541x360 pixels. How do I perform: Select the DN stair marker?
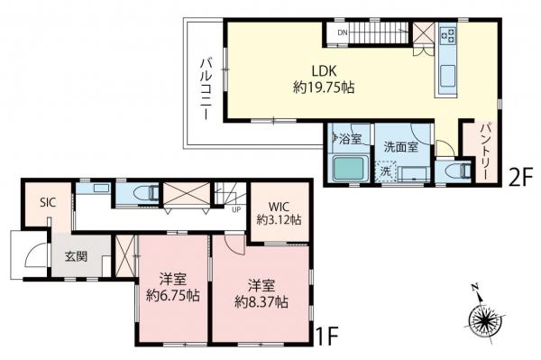tap(342, 34)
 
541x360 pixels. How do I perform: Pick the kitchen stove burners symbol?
tap(447, 36)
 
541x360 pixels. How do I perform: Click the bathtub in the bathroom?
tap(347, 168)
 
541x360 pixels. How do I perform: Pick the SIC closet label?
tap(47, 203)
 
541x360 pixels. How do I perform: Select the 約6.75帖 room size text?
tap(172, 285)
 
